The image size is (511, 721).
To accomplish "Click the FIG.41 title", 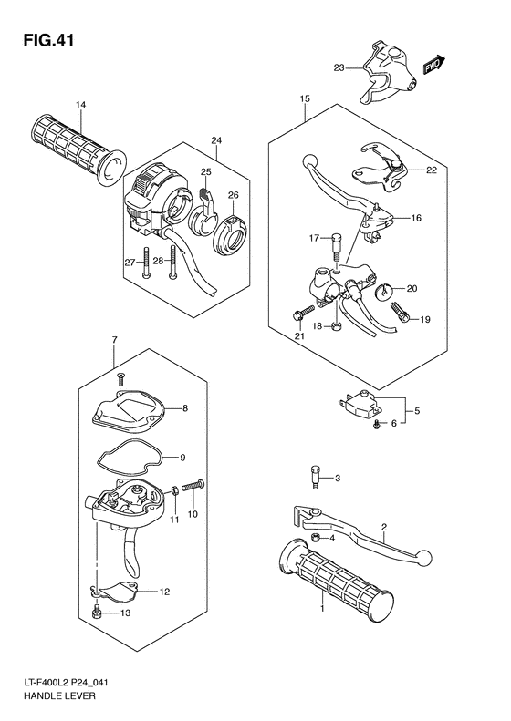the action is pyautogui.click(x=47, y=40).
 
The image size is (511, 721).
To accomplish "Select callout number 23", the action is pyautogui.click(x=339, y=68).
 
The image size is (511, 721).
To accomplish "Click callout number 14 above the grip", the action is pyautogui.click(x=80, y=106).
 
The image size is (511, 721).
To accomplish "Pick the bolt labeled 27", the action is pyautogui.click(x=145, y=263).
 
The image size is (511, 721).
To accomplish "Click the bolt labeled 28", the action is pyautogui.click(x=172, y=263).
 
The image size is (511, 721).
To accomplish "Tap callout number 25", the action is pyautogui.click(x=206, y=172).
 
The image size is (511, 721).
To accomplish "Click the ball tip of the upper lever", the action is pyautogui.click(x=309, y=162).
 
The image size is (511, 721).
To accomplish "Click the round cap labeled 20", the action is pyautogui.click(x=386, y=293).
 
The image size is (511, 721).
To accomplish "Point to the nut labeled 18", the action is pyautogui.click(x=337, y=327).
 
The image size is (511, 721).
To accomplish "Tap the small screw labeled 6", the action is pyautogui.click(x=376, y=426).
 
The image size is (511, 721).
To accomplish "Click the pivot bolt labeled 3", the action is pyautogui.click(x=316, y=479).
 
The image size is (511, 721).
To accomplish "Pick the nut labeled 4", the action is pyautogui.click(x=316, y=537).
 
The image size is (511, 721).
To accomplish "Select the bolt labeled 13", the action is pyautogui.click(x=97, y=612).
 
